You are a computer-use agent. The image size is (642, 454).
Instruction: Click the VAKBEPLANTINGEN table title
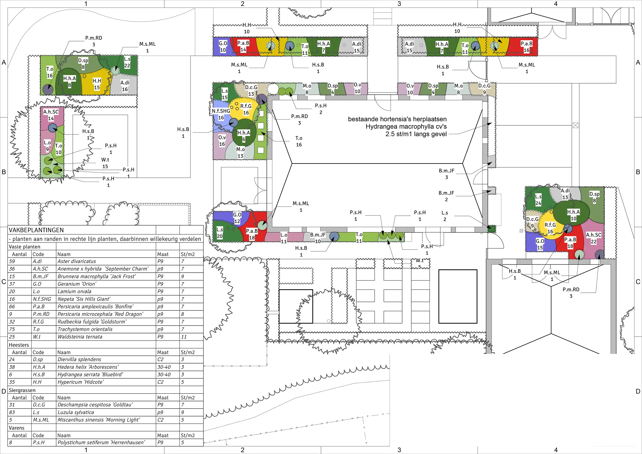[x=37, y=230]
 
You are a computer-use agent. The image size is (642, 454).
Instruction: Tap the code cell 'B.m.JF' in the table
[x=41, y=276]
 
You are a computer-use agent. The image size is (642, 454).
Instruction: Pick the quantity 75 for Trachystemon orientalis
[x=12, y=329]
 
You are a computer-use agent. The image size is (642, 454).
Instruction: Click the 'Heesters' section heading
[x=19, y=345]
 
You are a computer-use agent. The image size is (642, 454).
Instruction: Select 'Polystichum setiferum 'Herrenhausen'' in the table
[x=101, y=442]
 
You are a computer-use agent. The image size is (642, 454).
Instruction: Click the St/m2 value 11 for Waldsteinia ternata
[x=184, y=337]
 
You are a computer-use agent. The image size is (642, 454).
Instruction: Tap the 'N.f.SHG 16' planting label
[x=221, y=114]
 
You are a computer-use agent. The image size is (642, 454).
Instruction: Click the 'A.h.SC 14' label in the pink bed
[x=51, y=115]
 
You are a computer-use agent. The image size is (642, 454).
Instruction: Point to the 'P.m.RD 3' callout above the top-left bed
[x=94, y=41]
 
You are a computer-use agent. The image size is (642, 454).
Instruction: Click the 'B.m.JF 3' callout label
[x=447, y=174]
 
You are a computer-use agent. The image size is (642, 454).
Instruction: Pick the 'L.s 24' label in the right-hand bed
[x=538, y=200]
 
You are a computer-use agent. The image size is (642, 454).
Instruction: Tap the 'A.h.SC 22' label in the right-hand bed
[x=594, y=238]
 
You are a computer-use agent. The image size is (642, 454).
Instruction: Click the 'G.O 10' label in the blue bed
[x=223, y=47]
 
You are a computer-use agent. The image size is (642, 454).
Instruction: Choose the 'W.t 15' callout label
[x=105, y=163]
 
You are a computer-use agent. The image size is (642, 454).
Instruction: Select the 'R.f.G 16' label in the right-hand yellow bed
[x=550, y=228]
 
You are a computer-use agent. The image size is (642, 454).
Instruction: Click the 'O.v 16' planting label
[x=222, y=141]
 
